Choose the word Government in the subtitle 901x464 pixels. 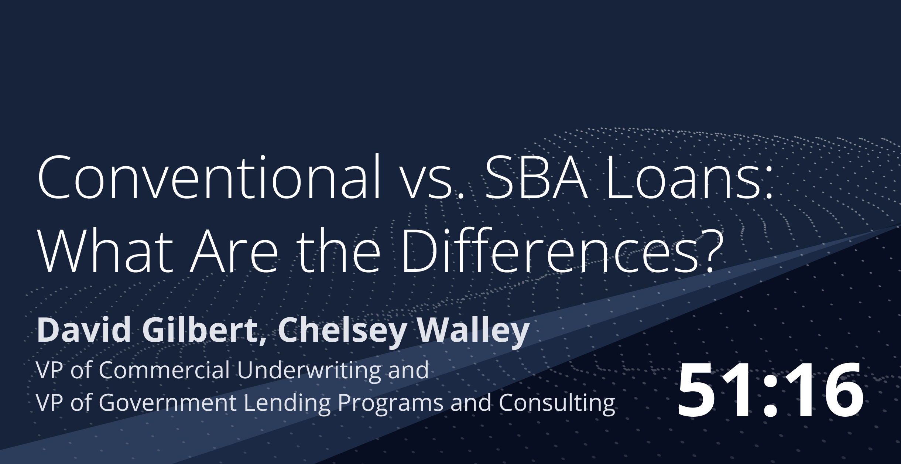pyautogui.click(x=168, y=402)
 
